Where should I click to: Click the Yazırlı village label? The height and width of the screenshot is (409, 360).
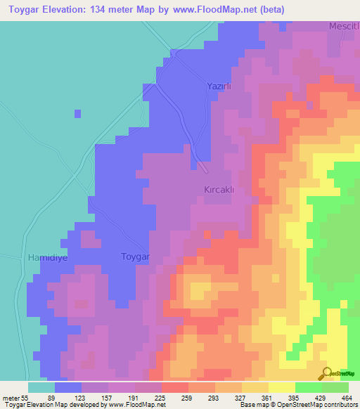[219, 86]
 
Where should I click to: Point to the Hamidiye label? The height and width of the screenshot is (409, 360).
[47, 257]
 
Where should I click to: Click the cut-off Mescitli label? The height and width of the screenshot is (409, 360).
[344, 26]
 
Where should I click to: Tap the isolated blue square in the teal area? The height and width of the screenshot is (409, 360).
[77, 113]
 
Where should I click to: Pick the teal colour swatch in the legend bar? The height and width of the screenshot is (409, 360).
[41, 387]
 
